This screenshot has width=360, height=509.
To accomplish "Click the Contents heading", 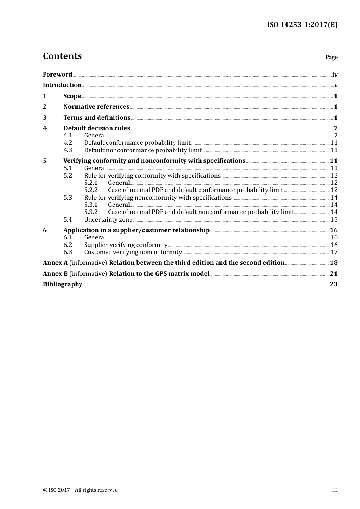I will [x=62, y=56].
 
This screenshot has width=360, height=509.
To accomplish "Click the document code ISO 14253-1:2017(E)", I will [x=302, y=25].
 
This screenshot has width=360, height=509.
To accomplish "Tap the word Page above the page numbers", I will [x=331, y=57].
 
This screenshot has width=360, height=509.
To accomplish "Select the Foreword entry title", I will [x=57, y=75].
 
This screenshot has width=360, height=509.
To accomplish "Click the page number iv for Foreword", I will [x=335, y=75].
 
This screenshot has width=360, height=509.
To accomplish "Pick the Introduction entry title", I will [x=62, y=85].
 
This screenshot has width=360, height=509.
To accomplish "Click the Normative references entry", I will [x=96, y=107].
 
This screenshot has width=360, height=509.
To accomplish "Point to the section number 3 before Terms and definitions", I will [x=45, y=118].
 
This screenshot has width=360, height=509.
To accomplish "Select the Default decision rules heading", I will [x=97, y=128].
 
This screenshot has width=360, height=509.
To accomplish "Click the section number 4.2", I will [x=67, y=143].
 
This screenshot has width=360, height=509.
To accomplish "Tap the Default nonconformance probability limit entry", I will [x=143, y=150].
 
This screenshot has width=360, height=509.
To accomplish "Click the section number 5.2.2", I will [x=91, y=190].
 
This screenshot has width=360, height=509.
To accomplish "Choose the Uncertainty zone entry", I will [x=108, y=220].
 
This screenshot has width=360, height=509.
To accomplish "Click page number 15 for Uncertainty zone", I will [x=334, y=220].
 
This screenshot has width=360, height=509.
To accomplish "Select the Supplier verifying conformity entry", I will [x=126, y=245].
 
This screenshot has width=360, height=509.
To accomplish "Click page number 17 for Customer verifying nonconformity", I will [x=334, y=252].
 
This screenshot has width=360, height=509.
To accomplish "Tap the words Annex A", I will [x=55, y=263].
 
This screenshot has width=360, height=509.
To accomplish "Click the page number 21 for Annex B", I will [x=333, y=274].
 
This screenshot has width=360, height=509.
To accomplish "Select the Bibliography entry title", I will [x=63, y=284].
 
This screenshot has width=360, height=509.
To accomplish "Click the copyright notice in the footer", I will [x=80, y=490].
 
